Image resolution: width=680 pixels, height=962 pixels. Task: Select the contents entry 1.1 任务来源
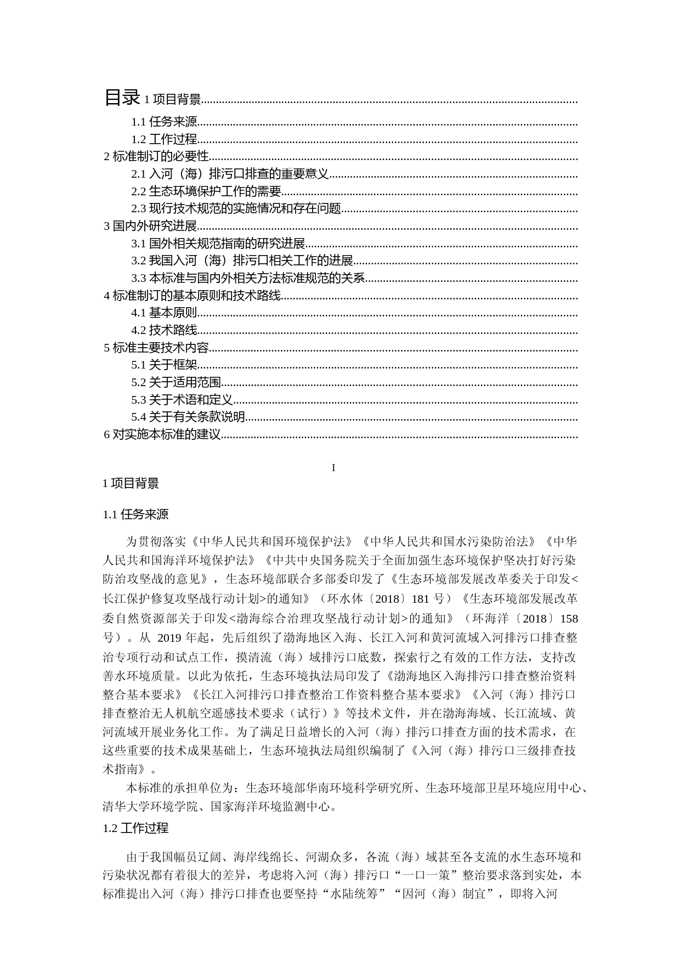pyautogui.click(x=164, y=122)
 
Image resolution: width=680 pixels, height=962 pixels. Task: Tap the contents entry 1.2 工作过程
pyautogui.click(x=164, y=140)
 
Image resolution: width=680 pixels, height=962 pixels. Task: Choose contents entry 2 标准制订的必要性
pyautogui.click(x=157, y=157)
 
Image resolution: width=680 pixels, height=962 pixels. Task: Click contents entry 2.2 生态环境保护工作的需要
pyautogui.click(x=206, y=191)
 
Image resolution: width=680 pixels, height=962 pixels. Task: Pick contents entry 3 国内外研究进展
pyautogui.click(x=150, y=226)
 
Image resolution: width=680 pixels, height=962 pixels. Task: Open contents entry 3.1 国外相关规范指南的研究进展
pyautogui.click(x=218, y=244)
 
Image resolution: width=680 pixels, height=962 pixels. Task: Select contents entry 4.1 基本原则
pyautogui.click(x=164, y=313)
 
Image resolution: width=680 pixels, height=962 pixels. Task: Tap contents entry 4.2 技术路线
pyautogui.click(x=164, y=330)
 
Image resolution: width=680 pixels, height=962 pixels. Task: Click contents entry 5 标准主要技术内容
pyautogui.click(x=157, y=348)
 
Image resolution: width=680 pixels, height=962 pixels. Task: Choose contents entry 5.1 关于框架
pyautogui.click(x=164, y=365)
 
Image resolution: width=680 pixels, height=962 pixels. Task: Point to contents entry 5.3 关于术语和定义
pyautogui.click(x=182, y=400)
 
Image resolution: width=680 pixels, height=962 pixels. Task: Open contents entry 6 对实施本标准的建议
pyautogui.click(x=162, y=435)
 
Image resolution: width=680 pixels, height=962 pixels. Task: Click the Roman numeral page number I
pyautogui.click(x=333, y=468)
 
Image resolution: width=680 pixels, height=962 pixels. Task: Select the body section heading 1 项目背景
pyautogui.click(x=131, y=483)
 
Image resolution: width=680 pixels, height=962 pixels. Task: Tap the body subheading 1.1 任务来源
pyautogui.click(x=135, y=514)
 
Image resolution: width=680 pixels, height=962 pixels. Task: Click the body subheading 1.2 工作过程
pyautogui.click(x=135, y=828)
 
